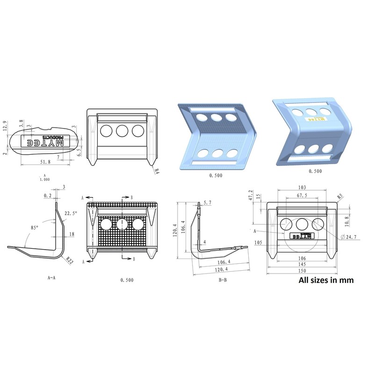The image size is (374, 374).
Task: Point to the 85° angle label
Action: (x=34, y=228)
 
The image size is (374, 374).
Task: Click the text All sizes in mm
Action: (x=326, y=280)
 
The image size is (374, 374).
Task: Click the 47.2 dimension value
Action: (x=250, y=194)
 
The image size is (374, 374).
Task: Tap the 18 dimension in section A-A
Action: (x=72, y=233)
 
